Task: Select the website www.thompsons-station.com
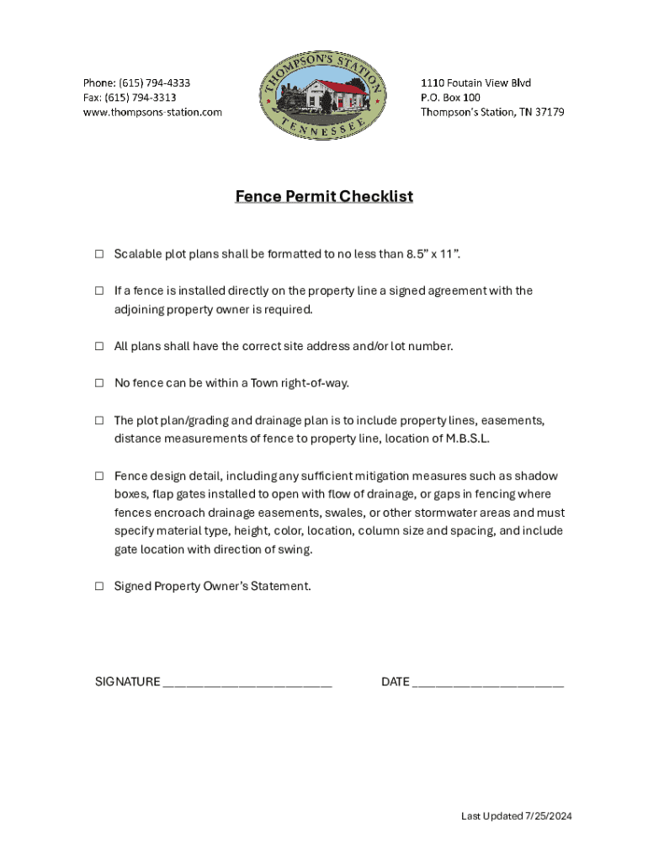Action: pyautogui.click(x=152, y=112)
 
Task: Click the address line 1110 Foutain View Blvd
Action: pyautogui.click(x=475, y=82)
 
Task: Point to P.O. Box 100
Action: pyautogui.click(x=450, y=98)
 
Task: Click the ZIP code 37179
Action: pyautogui.click(x=549, y=112)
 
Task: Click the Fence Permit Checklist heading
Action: pyautogui.click(x=324, y=197)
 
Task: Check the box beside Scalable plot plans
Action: pyautogui.click(x=99, y=253)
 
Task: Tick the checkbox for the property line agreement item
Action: pyautogui.click(x=99, y=291)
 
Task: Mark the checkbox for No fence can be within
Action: pyautogui.click(x=99, y=384)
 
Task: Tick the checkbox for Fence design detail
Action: pyautogui.click(x=99, y=476)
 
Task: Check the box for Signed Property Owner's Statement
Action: pyautogui.click(x=99, y=587)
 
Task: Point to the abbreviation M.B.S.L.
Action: pyautogui.click(x=466, y=439)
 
